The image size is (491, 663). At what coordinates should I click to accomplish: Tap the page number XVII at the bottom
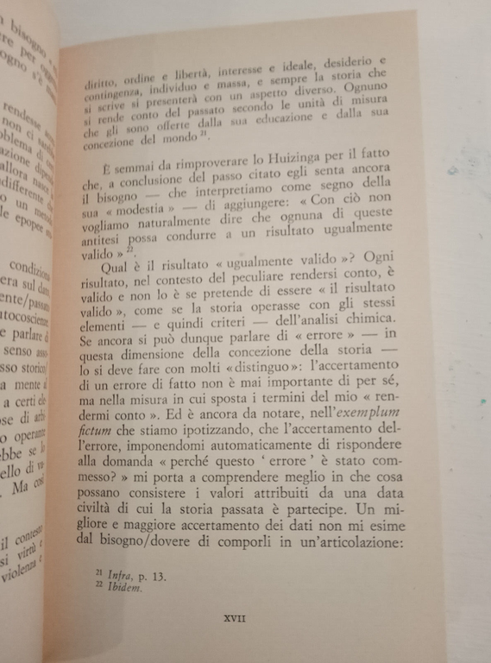tap(234, 618)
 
